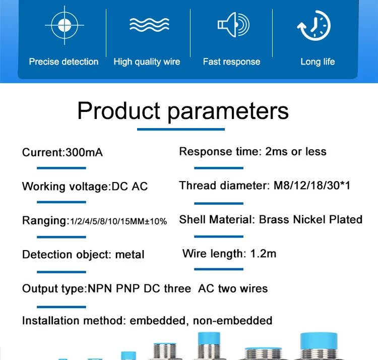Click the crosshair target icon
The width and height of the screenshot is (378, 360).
click(x=64, y=25)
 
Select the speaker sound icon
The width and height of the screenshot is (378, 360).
click(x=233, y=25)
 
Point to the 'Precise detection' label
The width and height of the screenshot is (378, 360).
click(x=64, y=62)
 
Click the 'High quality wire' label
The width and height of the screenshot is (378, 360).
click(x=147, y=62)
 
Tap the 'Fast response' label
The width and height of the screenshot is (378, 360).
click(x=231, y=62)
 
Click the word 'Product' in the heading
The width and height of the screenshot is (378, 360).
click(x=119, y=110)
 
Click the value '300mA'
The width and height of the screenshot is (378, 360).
click(x=84, y=152)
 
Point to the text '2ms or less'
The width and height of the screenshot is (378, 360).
click(x=296, y=151)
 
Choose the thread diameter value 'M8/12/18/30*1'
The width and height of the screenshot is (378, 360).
click(x=312, y=186)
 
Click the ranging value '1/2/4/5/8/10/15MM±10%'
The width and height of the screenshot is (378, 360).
click(x=118, y=221)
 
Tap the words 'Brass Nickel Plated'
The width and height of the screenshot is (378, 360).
click(x=310, y=219)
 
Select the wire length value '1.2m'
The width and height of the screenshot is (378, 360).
click(x=263, y=254)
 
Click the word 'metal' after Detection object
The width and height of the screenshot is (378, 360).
click(x=130, y=255)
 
